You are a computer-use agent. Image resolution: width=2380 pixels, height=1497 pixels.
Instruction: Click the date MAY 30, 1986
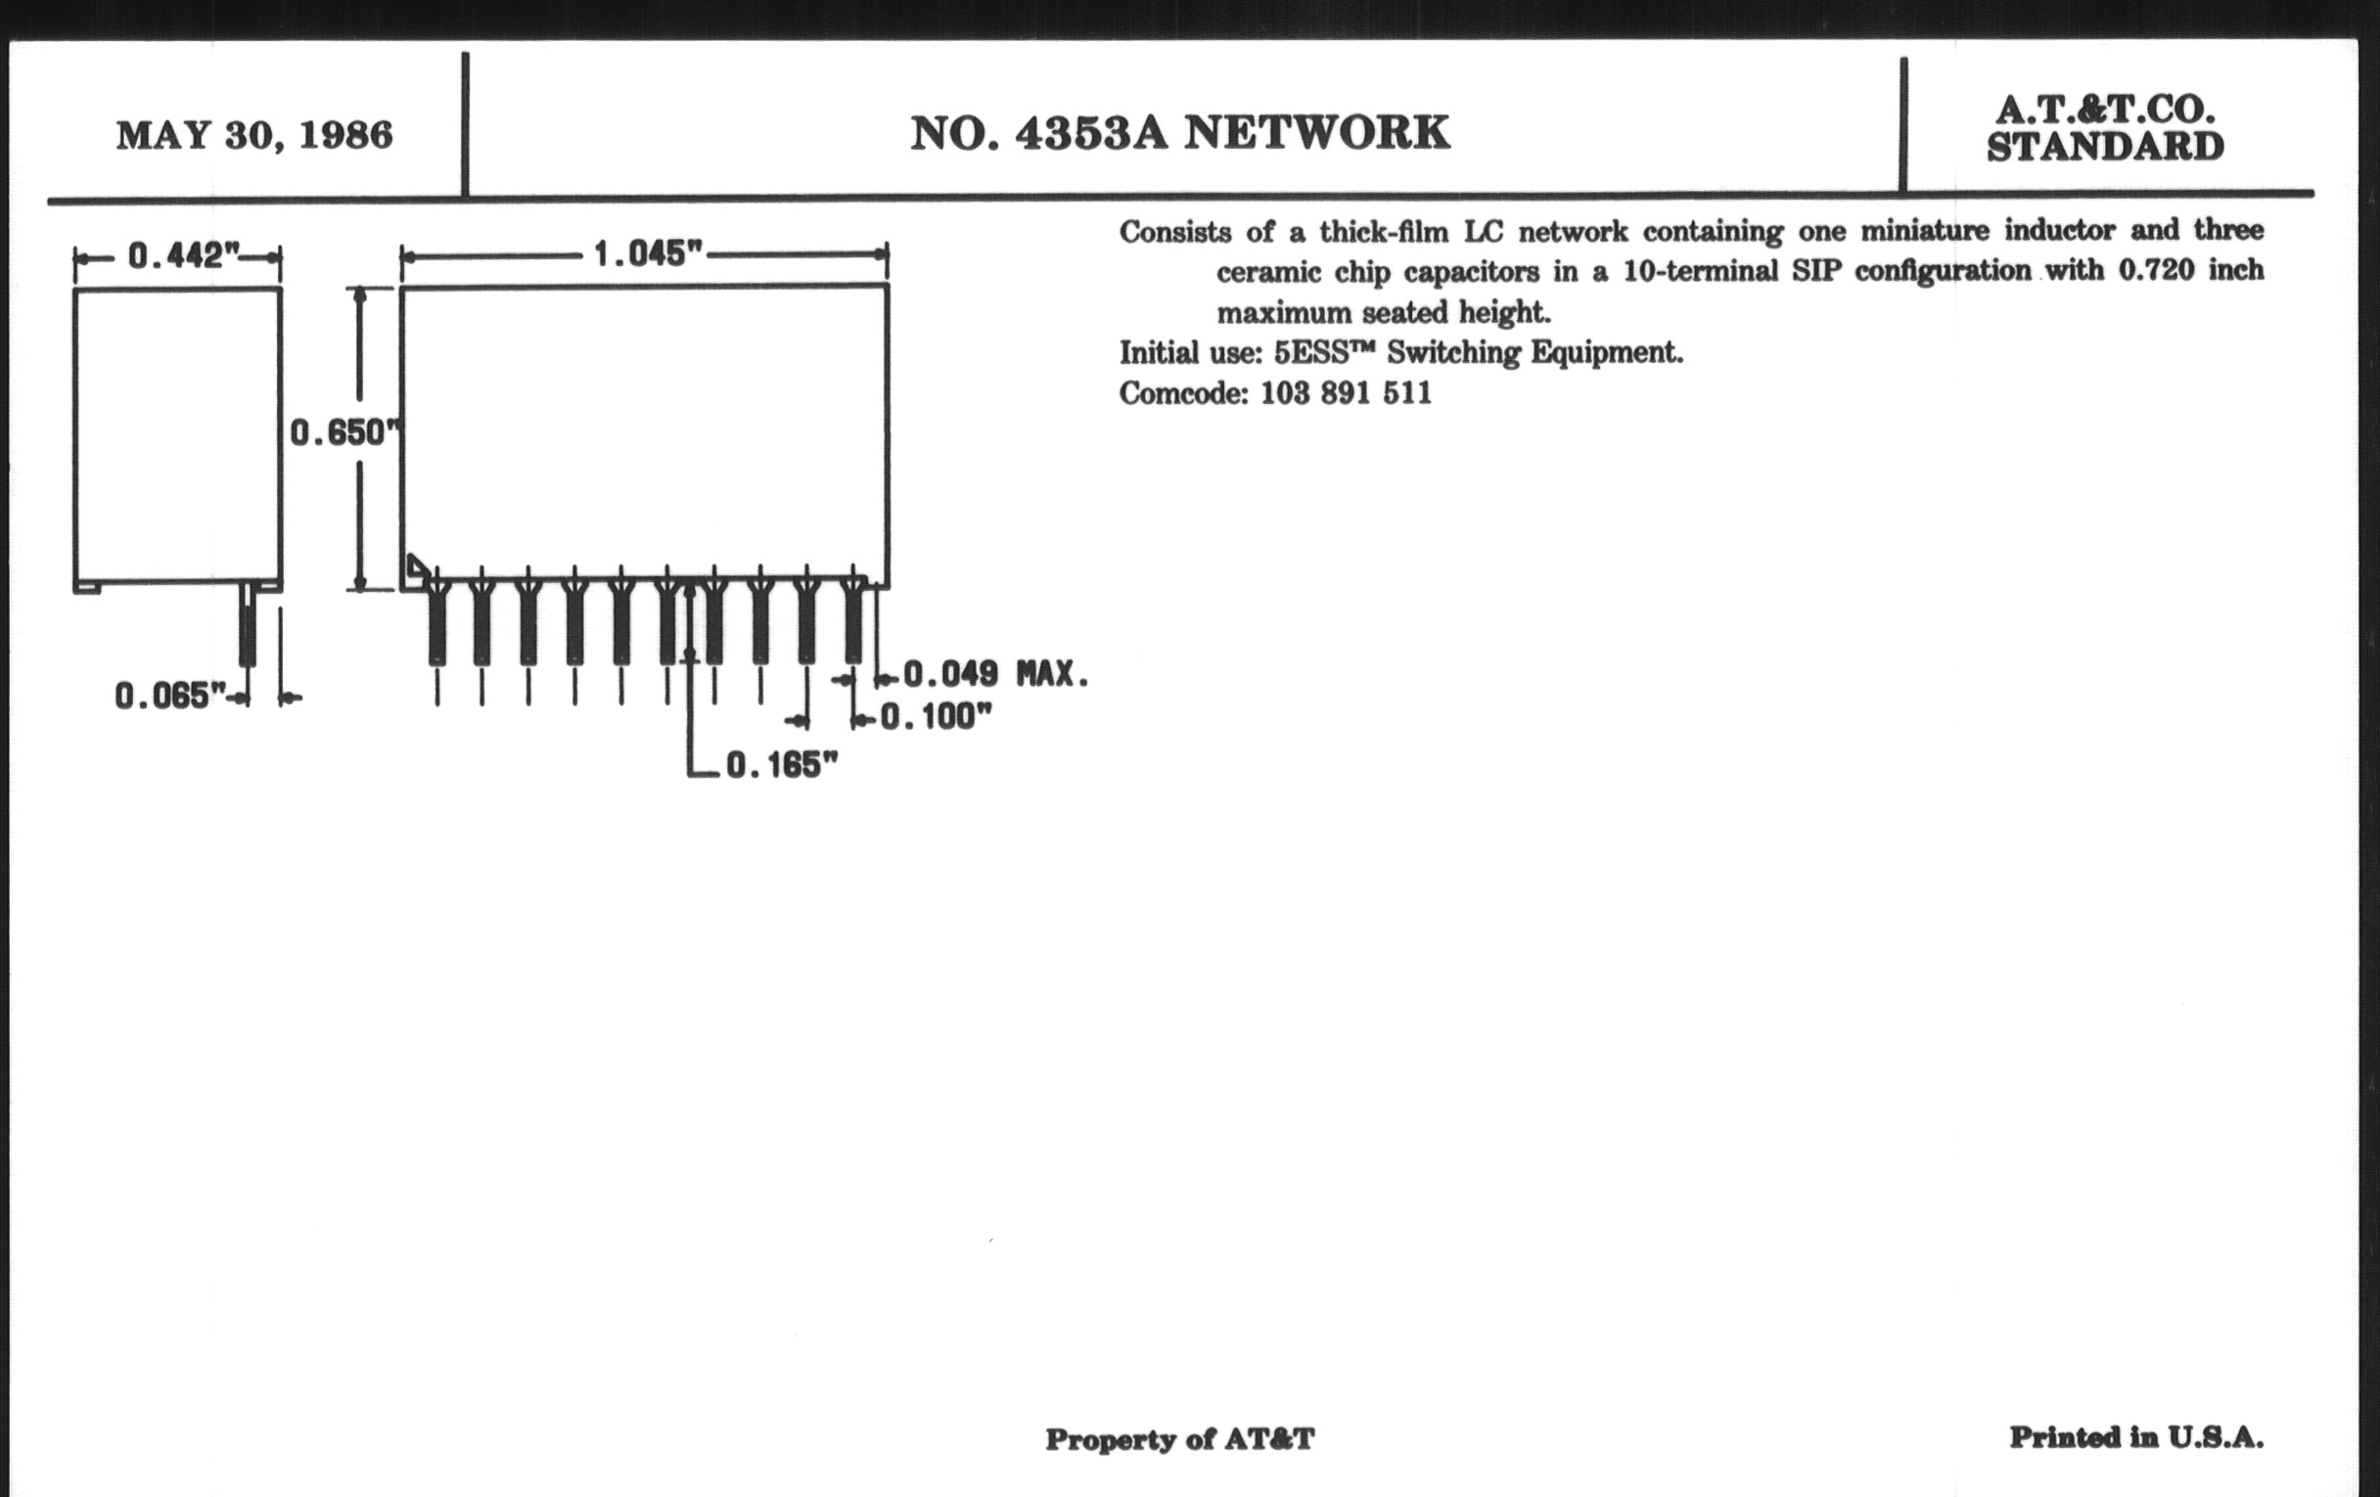255,135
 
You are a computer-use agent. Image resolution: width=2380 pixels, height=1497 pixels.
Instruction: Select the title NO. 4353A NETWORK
1180,133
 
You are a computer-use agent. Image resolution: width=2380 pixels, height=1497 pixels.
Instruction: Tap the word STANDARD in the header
2105,147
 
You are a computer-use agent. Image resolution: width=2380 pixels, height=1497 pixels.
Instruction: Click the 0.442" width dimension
185,256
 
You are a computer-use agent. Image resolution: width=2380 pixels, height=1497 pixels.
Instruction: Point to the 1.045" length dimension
648,254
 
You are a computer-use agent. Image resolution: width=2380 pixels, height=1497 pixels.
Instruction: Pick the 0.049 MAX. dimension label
995,675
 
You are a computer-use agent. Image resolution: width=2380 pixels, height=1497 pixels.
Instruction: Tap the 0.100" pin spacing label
935,716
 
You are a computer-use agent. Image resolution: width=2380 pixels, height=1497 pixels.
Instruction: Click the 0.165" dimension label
782,765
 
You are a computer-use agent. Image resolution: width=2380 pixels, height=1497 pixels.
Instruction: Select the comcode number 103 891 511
1347,393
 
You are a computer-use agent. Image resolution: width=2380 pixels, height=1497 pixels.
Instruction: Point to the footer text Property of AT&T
1180,1439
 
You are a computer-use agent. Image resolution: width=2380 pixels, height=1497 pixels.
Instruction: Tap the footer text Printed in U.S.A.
2137,1437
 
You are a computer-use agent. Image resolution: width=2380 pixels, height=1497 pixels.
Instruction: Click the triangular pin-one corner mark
418,567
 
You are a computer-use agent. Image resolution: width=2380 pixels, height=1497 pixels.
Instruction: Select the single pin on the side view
247,624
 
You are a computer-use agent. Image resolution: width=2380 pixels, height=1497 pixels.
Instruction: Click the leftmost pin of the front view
436,621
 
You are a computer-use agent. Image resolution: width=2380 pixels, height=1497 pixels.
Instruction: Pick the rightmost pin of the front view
853,621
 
